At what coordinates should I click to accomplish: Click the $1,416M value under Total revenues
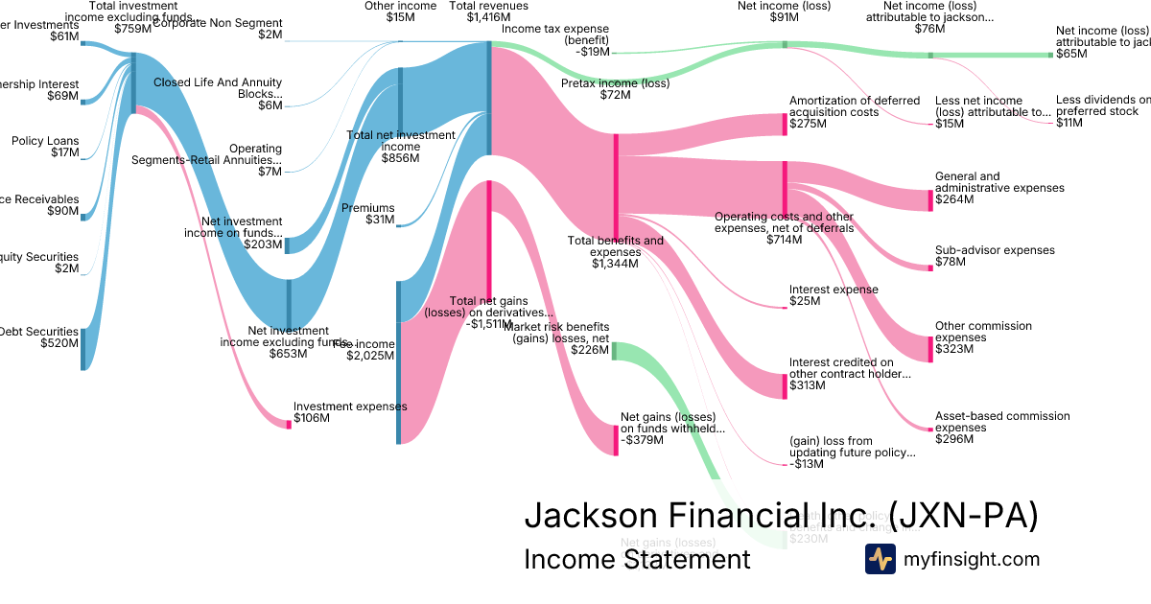[489, 17]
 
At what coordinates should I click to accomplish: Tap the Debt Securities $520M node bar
[82, 348]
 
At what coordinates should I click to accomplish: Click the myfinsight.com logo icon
[880, 559]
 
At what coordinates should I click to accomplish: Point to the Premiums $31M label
[367, 214]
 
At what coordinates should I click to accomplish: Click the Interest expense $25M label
[833, 295]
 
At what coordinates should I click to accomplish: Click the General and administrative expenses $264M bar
[930, 199]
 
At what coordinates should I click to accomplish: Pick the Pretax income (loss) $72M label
[601, 89]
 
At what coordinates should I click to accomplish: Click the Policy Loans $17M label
[45, 147]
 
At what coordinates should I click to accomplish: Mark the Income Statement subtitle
[637, 560]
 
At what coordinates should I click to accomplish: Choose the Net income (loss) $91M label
[784, 12]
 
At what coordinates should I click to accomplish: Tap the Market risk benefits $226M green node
[615, 351]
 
